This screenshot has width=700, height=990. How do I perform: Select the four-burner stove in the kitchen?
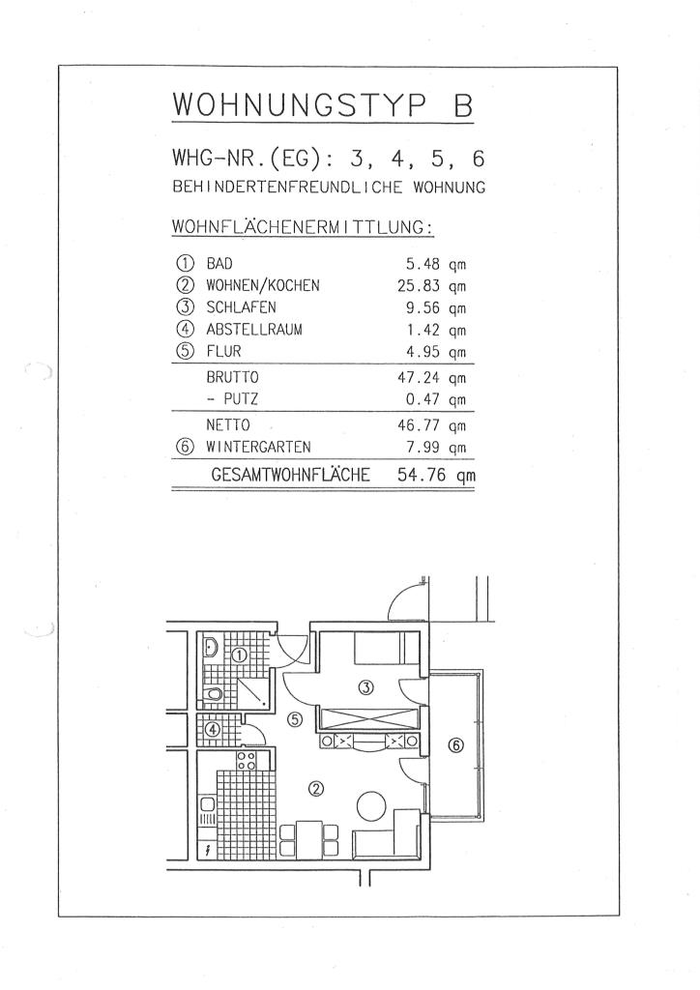tap(247, 760)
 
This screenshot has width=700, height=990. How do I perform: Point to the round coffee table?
tap(372, 805)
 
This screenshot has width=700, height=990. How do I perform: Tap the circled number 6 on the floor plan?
tap(455, 745)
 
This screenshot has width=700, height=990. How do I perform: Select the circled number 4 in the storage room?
tap(214, 729)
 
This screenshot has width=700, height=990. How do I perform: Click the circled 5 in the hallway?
tap(295, 719)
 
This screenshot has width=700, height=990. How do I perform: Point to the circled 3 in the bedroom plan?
tap(365, 687)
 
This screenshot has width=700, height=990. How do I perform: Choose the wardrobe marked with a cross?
tap(369, 719)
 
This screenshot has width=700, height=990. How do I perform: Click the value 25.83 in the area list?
tap(418, 286)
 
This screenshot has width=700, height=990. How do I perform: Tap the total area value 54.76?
tap(421, 475)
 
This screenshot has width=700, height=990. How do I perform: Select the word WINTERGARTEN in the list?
tap(258, 447)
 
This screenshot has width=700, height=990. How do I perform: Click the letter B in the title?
tap(463, 104)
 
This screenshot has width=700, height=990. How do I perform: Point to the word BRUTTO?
tap(232, 378)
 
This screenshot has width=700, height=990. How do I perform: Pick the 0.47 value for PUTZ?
tap(423, 399)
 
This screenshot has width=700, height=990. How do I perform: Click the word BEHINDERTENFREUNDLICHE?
tap(287, 188)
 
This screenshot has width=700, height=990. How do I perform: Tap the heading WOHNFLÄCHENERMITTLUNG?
tap(303, 226)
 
